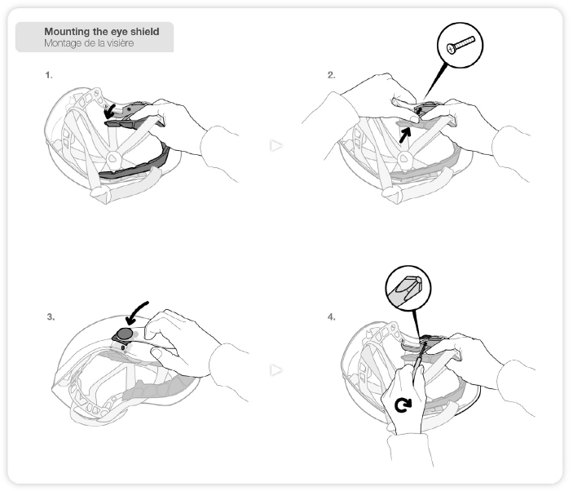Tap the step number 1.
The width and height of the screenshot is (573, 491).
[x=49, y=74]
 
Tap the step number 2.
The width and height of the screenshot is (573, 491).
[x=331, y=74]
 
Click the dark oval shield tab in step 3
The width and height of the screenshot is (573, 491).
[x=124, y=334]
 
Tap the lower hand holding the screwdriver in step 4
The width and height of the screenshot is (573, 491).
[x=404, y=400]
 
